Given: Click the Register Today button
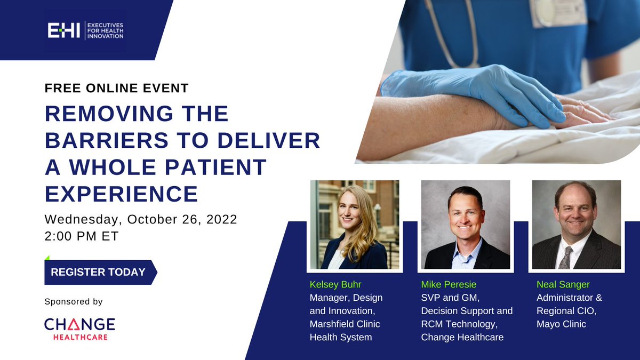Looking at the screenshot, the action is point(101,272).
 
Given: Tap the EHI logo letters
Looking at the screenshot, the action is point(63,30).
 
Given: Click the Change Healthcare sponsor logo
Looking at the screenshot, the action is point(79,329).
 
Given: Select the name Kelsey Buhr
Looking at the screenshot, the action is point(335,285).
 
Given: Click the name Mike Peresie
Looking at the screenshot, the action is point(449,285).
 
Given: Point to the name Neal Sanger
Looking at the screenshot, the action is point(563,285).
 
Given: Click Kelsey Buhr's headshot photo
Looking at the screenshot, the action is point(355,225).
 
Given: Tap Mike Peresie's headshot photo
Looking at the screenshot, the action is point(466,225).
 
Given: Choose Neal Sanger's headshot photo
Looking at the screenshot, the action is point(577,225).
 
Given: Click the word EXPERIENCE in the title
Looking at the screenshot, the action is point(122,194).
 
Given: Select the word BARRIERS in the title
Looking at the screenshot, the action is point(107,140).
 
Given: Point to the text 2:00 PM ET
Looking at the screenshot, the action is point(82,236).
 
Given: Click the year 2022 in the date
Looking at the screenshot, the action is point(222,219).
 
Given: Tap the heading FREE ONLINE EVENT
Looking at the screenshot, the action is point(117,88).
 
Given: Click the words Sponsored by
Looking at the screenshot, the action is point(74,302).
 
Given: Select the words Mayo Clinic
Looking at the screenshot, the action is point(561,324).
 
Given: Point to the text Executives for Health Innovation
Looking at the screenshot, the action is point(106,30).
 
